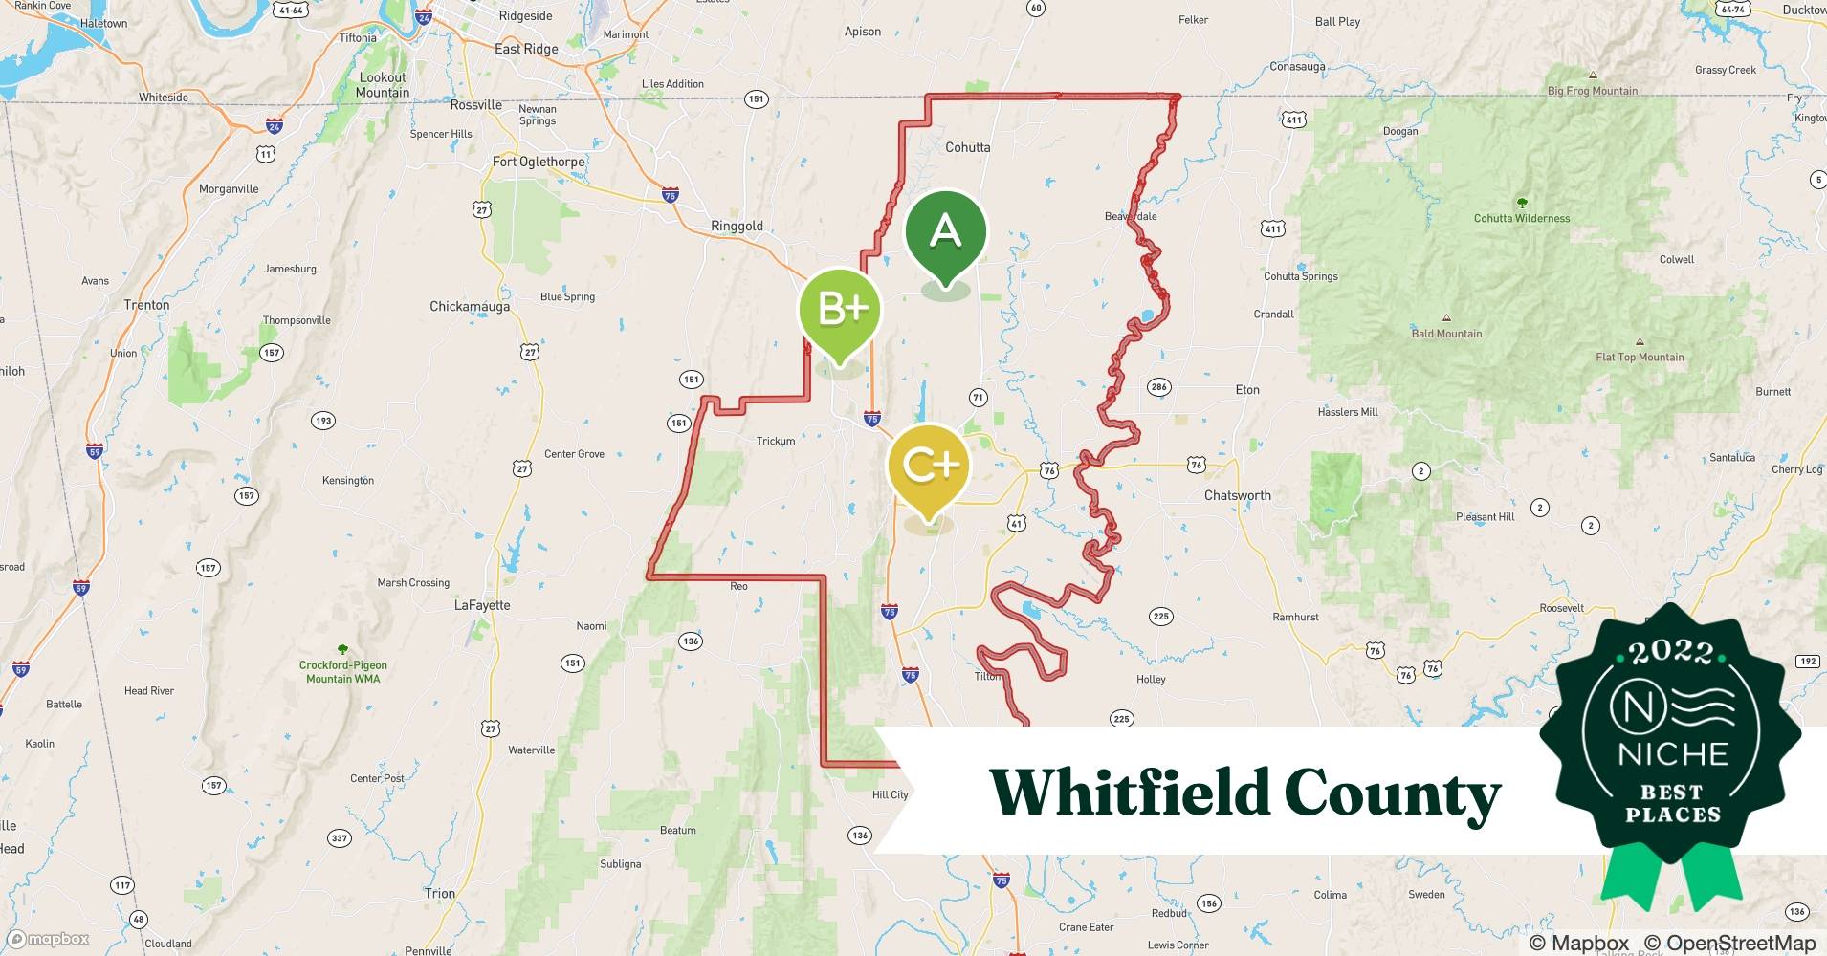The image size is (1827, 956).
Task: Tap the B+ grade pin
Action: [x=840, y=309]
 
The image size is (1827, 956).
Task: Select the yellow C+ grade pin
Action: [x=929, y=466]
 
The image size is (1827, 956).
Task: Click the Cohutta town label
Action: [x=967, y=147]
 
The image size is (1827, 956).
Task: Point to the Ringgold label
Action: [x=737, y=227]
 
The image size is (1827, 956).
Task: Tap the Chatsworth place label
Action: [x=1237, y=495]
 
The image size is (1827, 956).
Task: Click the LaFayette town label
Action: [x=482, y=605]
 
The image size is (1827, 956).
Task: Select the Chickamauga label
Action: [x=470, y=307]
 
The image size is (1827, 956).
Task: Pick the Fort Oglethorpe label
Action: [x=539, y=162]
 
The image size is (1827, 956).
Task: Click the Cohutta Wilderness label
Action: [x=1521, y=218]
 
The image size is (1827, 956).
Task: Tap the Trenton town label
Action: [x=146, y=305]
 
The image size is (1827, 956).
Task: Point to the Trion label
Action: [x=440, y=893]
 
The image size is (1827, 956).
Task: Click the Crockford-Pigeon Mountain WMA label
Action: [x=342, y=671]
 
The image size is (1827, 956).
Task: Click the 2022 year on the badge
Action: [x=1671, y=652]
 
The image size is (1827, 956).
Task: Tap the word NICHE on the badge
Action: [x=1672, y=754]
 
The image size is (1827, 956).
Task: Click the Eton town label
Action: [x=1247, y=390]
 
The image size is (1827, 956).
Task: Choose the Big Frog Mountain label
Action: [x=1592, y=91]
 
